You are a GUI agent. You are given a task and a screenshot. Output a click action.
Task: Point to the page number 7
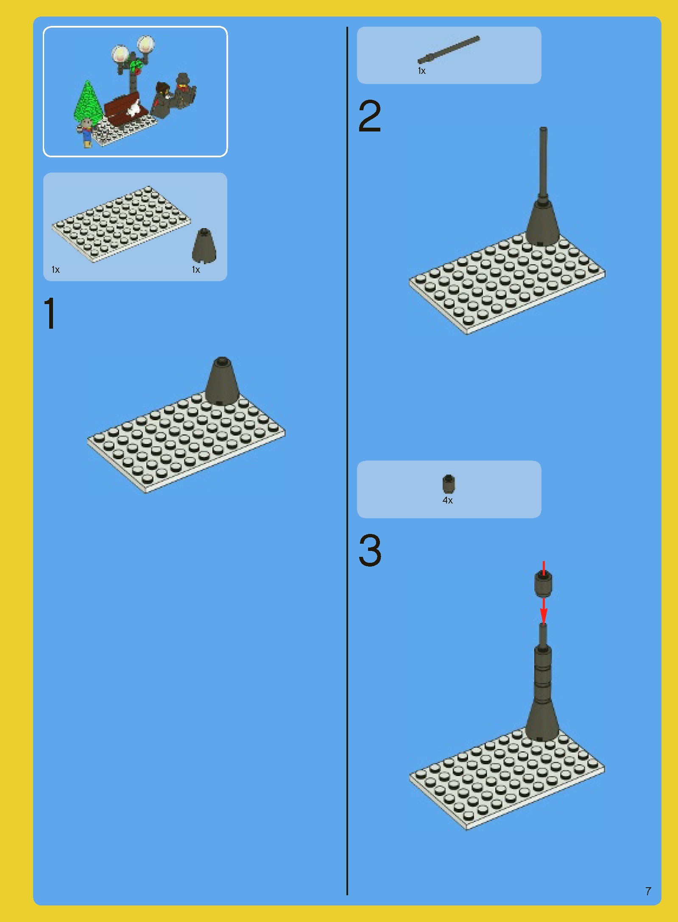click(x=648, y=891)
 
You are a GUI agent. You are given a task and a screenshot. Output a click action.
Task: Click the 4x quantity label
click(x=448, y=500)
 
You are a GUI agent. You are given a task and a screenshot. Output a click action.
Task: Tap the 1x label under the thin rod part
click(x=422, y=71)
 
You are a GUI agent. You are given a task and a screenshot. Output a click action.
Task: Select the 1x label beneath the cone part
click(x=196, y=270)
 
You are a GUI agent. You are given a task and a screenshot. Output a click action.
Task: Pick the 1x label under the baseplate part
click(x=56, y=270)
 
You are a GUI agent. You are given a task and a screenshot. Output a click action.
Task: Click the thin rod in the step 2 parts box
click(x=449, y=50)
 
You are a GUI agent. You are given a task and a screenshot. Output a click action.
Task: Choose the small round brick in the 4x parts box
click(x=449, y=484)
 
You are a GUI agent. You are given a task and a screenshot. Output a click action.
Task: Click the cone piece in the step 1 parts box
click(x=204, y=246)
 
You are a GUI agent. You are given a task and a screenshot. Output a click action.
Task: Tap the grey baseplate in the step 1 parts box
click(x=121, y=224)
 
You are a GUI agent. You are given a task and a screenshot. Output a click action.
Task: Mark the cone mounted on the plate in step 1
click(x=222, y=381)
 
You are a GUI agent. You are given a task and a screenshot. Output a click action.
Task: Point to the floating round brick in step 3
click(x=543, y=584)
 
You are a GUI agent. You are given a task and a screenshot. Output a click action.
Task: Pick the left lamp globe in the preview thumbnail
click(x=120, y=54)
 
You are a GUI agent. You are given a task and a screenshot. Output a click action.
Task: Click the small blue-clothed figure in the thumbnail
click(x=86, y=132)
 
